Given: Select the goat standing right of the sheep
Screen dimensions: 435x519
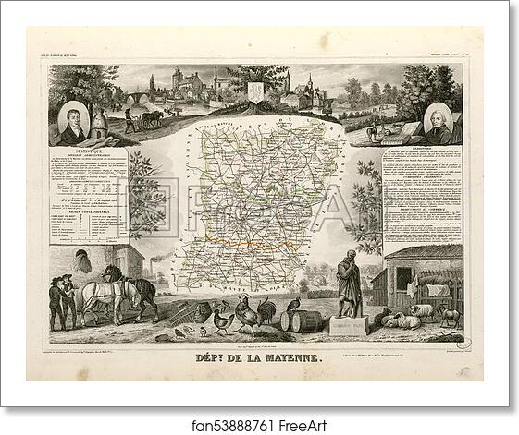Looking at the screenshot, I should [451, 315].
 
